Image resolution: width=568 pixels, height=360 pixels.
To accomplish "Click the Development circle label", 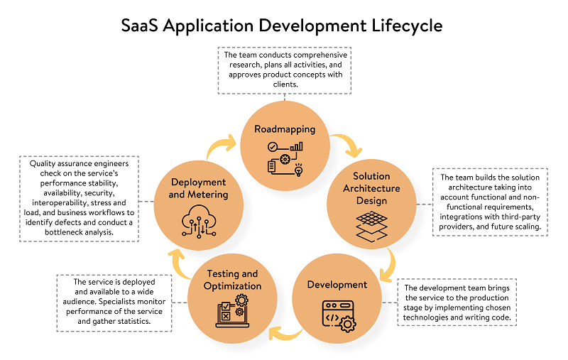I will pyautogui.click(x=337, y=285).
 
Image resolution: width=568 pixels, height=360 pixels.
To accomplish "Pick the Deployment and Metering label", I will pyautogui.click(x=198, y=188).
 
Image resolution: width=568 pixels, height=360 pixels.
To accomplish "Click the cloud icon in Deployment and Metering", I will pyautogui.click(x=197, y=219).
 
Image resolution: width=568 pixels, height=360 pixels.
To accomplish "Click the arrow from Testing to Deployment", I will pyautogui.click(x=176, y=261).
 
